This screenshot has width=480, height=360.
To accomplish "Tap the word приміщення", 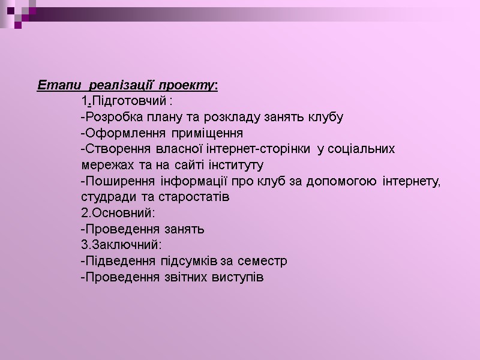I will point(207,133).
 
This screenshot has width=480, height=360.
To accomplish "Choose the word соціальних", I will point(364,149).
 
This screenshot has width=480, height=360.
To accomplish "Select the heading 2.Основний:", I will point(118,213).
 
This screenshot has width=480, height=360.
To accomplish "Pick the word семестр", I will point(263,262).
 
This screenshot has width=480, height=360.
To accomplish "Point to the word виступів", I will point(239,278).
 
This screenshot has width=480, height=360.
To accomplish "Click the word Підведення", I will point(119,262).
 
